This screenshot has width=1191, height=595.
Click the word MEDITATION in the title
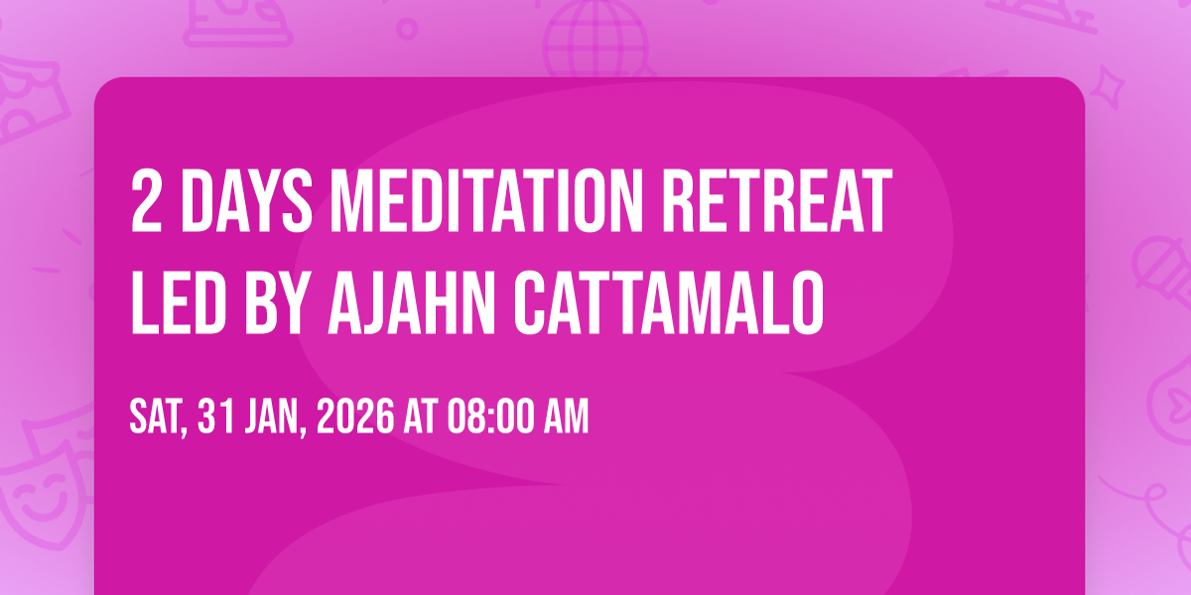pos(486,201)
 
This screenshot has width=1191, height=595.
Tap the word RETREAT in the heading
pos(777,201)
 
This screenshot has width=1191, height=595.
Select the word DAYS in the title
pos(247,201)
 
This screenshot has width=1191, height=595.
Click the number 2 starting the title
pos(146,201)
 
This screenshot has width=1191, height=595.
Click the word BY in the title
pos(277,302)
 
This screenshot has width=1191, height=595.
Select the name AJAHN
pos(412,302)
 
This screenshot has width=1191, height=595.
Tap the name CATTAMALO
pos(669,302)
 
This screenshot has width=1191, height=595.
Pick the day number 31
pos(215,416)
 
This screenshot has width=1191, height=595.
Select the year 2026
pos(355,416)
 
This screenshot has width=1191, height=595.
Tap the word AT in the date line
pos(421,416)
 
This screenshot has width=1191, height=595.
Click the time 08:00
pos(490,416)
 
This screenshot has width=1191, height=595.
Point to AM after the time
pos(567,416)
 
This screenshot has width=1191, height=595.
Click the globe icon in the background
pos(596,38)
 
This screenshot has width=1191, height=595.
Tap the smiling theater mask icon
pos(43,494)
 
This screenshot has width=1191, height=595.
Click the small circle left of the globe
pos(407,29)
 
